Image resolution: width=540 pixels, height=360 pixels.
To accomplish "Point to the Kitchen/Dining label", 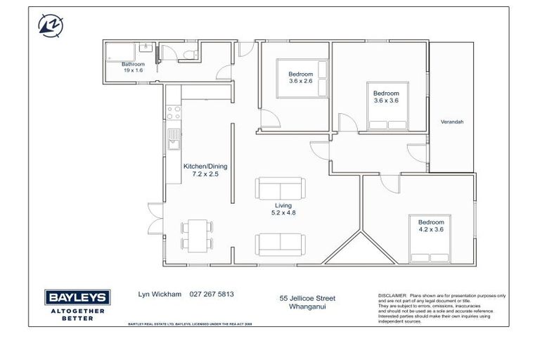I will [x=205, y=170].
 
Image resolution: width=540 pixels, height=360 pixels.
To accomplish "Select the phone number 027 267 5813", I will [x=212, y=295].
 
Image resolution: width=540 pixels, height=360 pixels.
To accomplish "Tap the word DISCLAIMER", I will [x=392, y=296].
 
